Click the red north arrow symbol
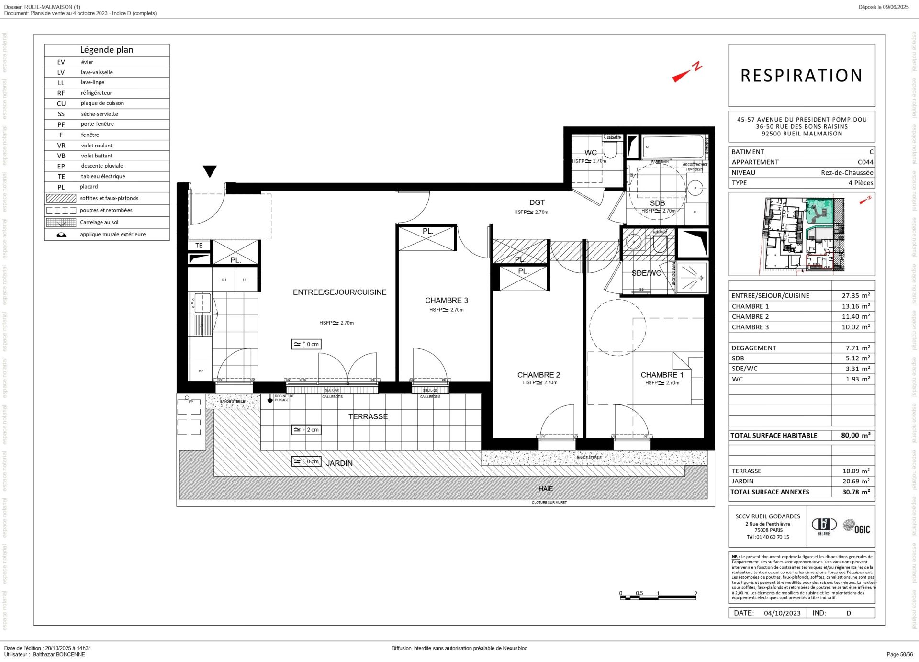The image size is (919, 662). coord(686,73)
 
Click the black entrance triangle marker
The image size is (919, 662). coord(210,171)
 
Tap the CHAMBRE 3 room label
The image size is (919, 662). coord(446,300)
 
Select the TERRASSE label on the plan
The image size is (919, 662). coord(368,416)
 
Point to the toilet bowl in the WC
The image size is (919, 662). coord(610,151)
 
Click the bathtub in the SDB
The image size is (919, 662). coord(672,146)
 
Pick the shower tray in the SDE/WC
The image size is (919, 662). coord(692,277)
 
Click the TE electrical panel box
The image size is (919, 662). coord(199,246)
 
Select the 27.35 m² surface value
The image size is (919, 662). coord(855,296)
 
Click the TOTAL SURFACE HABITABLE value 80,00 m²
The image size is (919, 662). coord(855,435)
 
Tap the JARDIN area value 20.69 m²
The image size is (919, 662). coord(855,481)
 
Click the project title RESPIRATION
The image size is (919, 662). coord(801,76)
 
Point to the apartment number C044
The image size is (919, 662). coord(865,162)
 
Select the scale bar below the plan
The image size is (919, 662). coord(658,596)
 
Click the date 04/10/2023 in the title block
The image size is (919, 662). coord(782,613)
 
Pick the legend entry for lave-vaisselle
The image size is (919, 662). coord(97,72)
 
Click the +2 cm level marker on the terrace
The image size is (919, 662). coord(306,430)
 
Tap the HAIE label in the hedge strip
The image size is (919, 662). coord(545,489)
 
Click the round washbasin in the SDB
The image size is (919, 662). coord(694,188)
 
